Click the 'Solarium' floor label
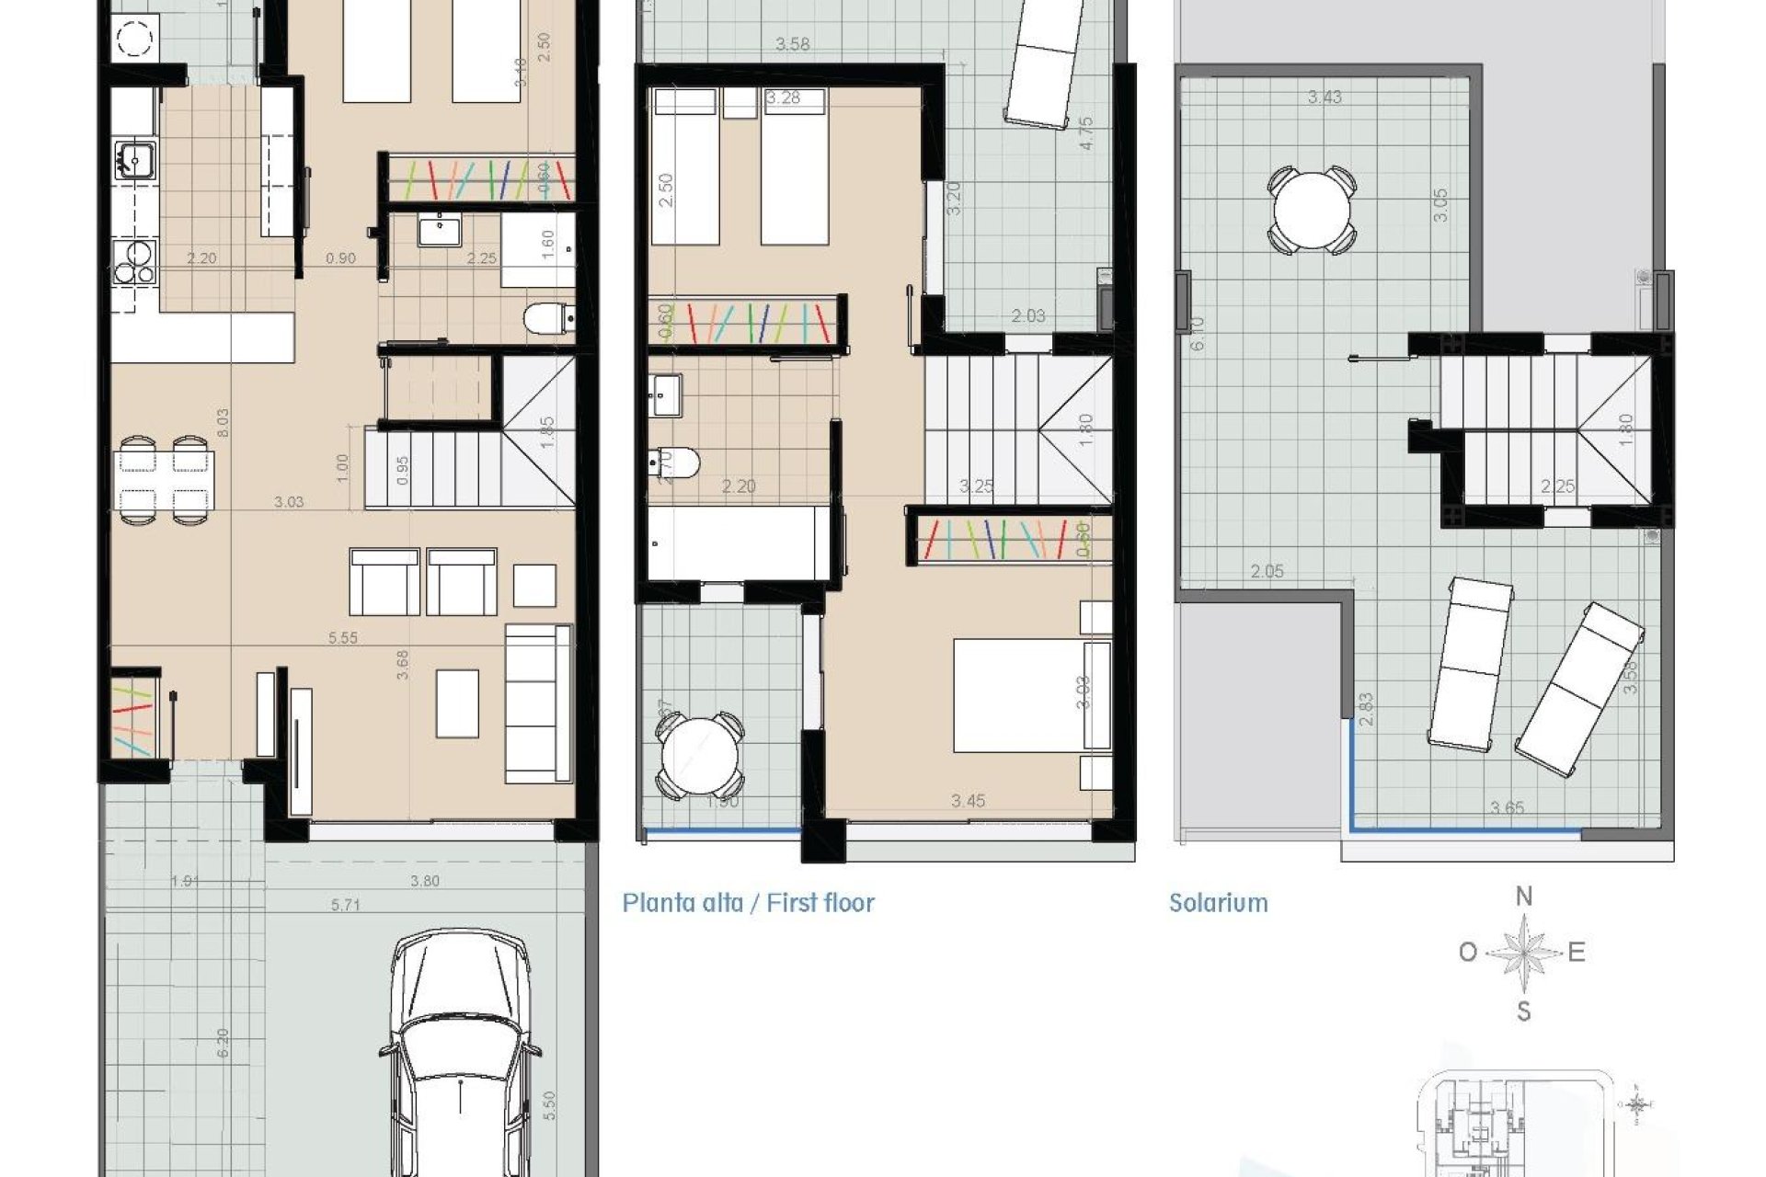click(x=1218, y=903)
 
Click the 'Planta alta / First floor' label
click(x=748, y=903)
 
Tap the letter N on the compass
click(x=1524, y=897)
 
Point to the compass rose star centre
click(x=1524, y=954)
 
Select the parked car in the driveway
click(x=459, y=1057)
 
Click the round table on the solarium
click(x=1312, y=209)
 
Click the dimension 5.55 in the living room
click(x=342, y=637)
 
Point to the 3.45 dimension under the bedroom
click(x=968, y=801)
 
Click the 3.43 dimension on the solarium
click(x=1324, y=97)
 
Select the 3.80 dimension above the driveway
click(x=424, y=881)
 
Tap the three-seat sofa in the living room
click(x=538, y=703)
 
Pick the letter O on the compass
click(x=1468, y=953)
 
